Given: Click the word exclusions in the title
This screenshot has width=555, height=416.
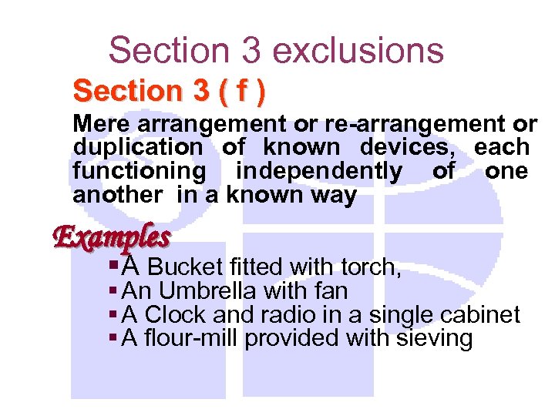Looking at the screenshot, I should [x=358, y=50].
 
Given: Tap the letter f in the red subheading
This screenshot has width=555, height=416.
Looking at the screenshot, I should [x=241, y=92].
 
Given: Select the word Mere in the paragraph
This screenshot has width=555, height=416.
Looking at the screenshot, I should [x=96, y=123].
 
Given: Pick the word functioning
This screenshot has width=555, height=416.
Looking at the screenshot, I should [x=140, y=171].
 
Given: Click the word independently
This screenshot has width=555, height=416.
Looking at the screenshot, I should [x=319, y=171].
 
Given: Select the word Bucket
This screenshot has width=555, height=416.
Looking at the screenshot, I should [x=184, y=267].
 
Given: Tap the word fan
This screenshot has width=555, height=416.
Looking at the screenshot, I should [x=332, y=291].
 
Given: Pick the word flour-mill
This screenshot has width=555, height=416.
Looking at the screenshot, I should [x=189, y=338].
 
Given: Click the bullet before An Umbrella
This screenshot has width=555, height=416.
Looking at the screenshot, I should [x=113, y=291].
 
